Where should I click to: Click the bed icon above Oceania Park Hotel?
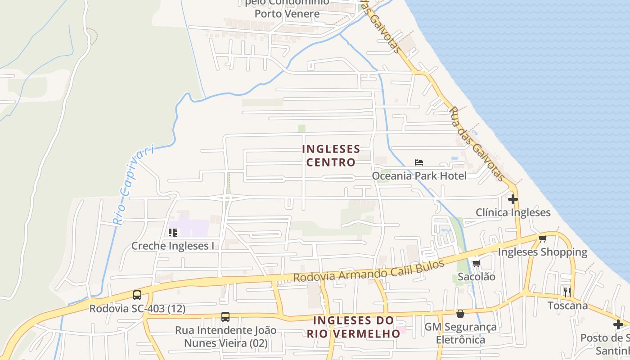[419, 162]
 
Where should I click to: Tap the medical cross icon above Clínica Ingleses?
[513, 199]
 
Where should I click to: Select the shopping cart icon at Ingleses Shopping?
[542, 238]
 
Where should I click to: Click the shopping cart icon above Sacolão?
[476, 263]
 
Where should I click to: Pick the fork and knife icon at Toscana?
[567, 292]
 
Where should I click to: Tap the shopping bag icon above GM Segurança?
[460, 314]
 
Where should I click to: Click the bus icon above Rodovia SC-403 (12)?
[137, 295]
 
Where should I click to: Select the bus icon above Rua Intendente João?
[225, 317]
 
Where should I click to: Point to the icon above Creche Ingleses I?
[172, 233]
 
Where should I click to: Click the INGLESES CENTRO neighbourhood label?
[331, 155]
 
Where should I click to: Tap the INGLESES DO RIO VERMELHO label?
[353, 327]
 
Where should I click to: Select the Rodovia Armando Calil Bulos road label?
[369, 270]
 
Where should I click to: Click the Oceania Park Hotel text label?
[419, 175]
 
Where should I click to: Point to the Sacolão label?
[476, 276]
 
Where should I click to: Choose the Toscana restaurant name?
[567, 306]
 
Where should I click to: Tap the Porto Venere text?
[287, 13]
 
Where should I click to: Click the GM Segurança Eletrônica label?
[460, 333]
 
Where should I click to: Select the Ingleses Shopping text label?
[542, 252]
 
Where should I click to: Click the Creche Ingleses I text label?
[172, 246]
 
